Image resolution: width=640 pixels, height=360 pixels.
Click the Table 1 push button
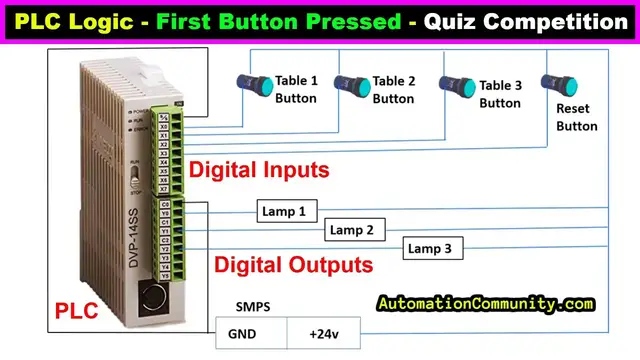coord(248,85)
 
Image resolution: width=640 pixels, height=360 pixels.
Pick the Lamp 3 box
coord(433,248)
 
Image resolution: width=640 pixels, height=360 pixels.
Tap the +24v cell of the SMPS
coord(323,334)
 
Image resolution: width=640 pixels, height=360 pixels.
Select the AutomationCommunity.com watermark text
coord(486,303)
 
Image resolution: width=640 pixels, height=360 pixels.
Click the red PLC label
coord(74,313)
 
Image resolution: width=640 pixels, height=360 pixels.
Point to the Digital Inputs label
coord(260,170)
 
